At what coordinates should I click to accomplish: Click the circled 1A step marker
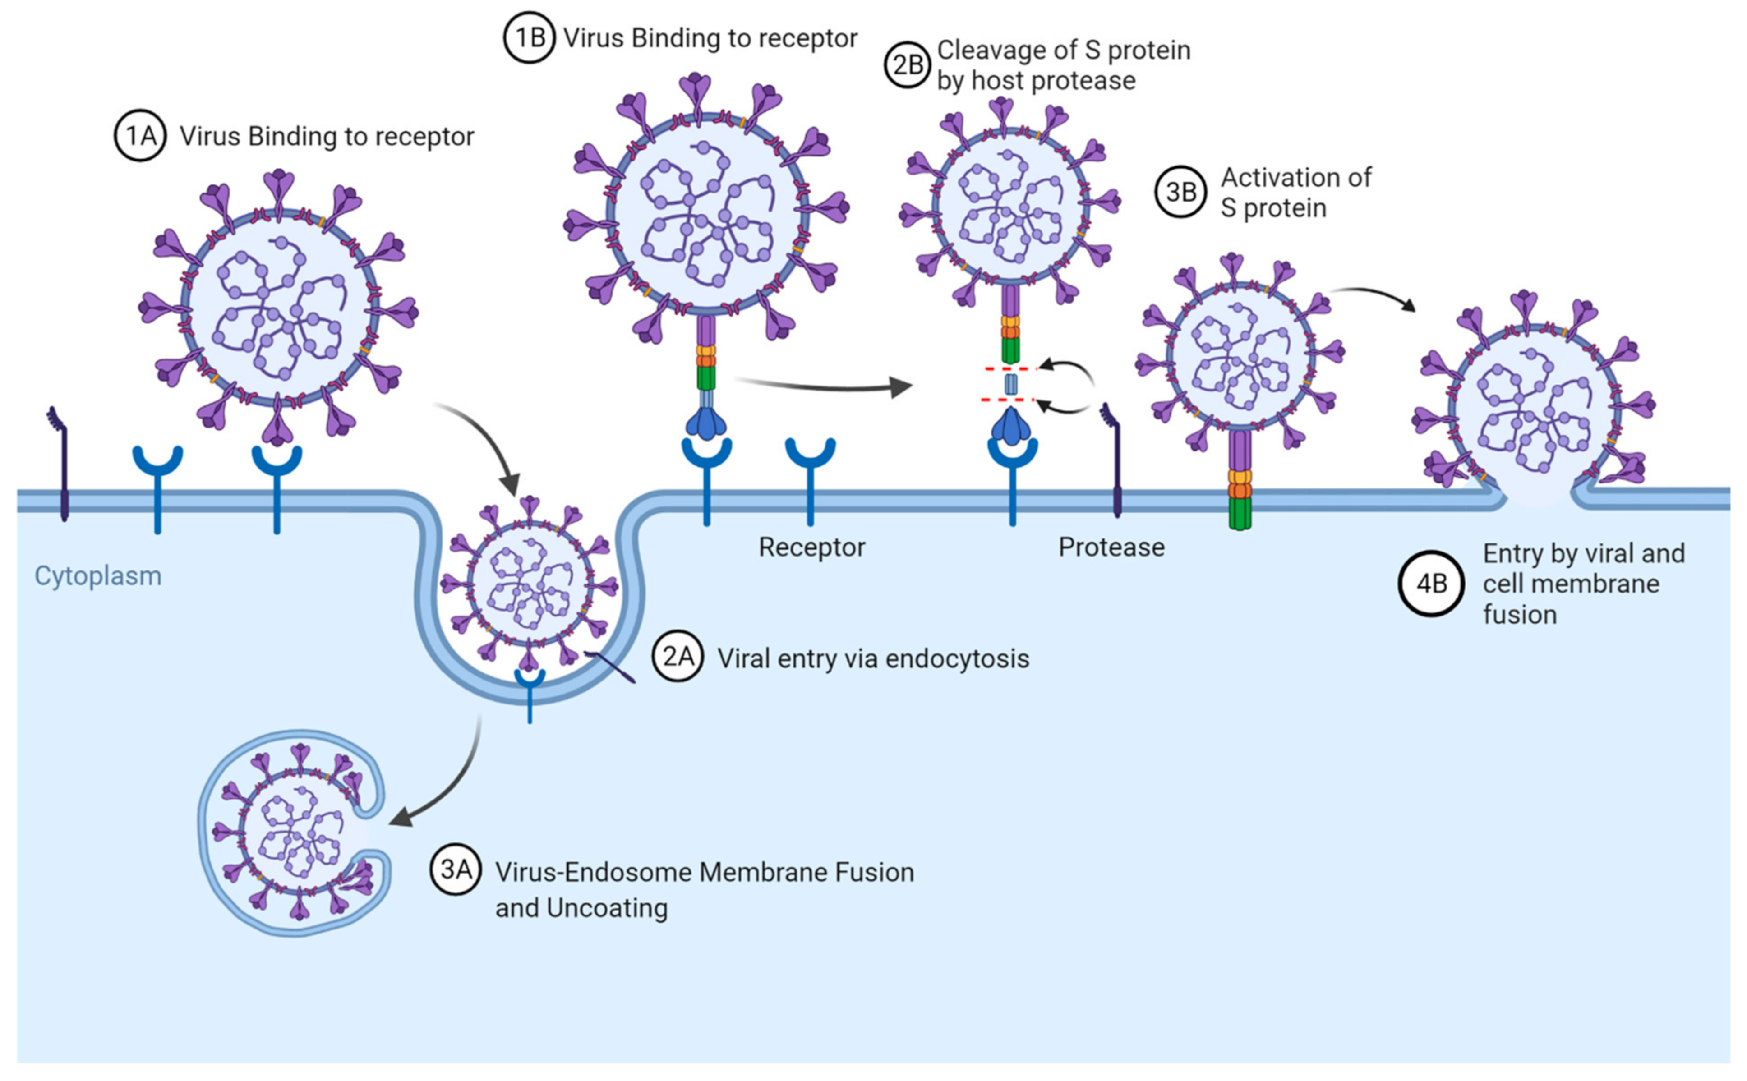pyautogui.click(x=140, y=135)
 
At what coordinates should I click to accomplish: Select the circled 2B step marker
pyautogui.click(x=908, y=65)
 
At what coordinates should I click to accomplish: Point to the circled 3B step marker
pyautogui.click(x=1180, y=192)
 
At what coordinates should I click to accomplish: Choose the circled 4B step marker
pyautogui.click(x=1432, y=584)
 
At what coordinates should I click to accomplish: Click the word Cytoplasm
pyautogui.click(x=98, y=575)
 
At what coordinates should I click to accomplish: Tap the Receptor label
pyautogui.click(x=811, y=547)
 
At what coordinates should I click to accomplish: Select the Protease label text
pyautogui.click(x=1111, y=547)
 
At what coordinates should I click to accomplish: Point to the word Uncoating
pyautogui.click(x=606, y=908)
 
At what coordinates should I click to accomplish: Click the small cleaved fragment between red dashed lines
pyautogui.click(x=1010, y=384)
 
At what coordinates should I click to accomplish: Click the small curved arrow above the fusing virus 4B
pyautogui.click(x=1373, y=297)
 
